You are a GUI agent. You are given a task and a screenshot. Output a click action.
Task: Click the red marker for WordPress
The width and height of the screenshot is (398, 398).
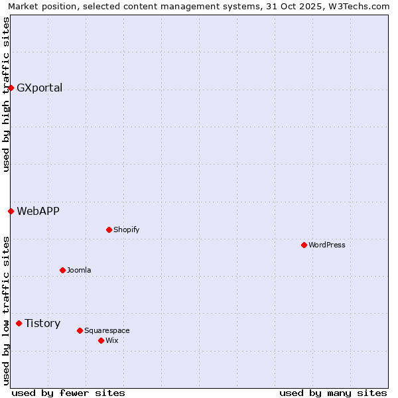304,245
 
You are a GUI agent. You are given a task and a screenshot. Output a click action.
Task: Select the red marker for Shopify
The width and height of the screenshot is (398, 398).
109,230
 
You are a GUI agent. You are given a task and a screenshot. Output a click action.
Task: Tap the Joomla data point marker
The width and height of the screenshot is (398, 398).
62,270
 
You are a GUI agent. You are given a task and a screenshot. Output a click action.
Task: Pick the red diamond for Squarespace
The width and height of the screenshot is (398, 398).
80,330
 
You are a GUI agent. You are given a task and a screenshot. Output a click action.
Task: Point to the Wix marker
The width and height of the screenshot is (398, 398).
101,340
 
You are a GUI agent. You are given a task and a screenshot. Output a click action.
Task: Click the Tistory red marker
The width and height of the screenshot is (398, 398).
19,324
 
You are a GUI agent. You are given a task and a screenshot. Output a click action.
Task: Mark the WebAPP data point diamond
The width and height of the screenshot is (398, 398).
11,212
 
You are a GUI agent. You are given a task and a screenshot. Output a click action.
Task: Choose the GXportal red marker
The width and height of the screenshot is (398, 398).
11,88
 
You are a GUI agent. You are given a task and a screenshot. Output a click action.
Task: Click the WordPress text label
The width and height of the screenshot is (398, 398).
327,245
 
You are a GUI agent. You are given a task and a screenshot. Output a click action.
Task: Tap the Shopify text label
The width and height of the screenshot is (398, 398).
126,230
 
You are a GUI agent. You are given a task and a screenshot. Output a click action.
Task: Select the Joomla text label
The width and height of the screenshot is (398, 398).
79,270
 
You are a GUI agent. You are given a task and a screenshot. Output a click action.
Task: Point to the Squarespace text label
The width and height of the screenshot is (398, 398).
107,330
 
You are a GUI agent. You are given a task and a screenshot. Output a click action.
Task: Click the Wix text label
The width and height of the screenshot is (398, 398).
112,340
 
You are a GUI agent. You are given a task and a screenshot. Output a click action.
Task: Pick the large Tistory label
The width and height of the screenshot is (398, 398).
42,324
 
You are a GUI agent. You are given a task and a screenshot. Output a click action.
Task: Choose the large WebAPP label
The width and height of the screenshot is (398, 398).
38,212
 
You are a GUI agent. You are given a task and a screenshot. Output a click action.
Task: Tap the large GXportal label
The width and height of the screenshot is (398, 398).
40,88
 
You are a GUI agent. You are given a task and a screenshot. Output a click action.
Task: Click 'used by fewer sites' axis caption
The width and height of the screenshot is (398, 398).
68,393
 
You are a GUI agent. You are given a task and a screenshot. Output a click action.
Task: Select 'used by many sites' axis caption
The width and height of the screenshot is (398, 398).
333,393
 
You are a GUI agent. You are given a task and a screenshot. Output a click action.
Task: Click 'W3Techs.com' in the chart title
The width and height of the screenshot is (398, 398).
361,7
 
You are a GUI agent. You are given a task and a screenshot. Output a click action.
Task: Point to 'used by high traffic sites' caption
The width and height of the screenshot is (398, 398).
7,94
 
